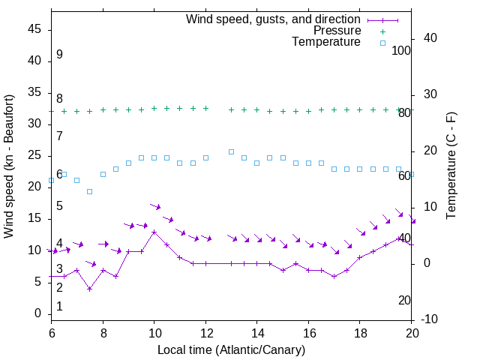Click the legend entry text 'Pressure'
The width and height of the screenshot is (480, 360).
click(x=337, y=31)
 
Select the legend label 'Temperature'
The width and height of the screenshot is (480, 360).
click(x=326, y=43)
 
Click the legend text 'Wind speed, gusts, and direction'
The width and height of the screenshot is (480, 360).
click(x=274, y=19)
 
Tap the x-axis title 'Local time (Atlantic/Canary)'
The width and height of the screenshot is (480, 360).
click(x=231, y=350)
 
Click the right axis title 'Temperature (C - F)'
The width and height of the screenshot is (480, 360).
click(x=451, y=166)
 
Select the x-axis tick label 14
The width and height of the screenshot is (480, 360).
click(x=256, y=334)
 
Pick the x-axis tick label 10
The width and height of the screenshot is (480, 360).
click(x=154, y=334)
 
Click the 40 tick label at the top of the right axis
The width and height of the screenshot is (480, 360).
click(x=431, y=38)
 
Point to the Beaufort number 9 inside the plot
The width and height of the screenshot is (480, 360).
click(x=59, y=55)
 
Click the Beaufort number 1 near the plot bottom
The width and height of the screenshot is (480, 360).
click(x=59, y=306)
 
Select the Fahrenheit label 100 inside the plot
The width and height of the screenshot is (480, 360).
click(x=401, y=50)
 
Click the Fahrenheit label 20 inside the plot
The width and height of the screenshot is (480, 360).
click(x=404, y=300)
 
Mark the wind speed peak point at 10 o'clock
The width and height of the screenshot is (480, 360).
click(x=154, y=232)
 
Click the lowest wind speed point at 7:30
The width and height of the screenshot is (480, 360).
click(x=90, y=289)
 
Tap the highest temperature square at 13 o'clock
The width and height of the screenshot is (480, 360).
click(x=231, y=151)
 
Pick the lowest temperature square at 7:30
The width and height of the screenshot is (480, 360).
click(x=90, y=191)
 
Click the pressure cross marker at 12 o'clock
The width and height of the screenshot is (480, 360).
click(x=205, y=109)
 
